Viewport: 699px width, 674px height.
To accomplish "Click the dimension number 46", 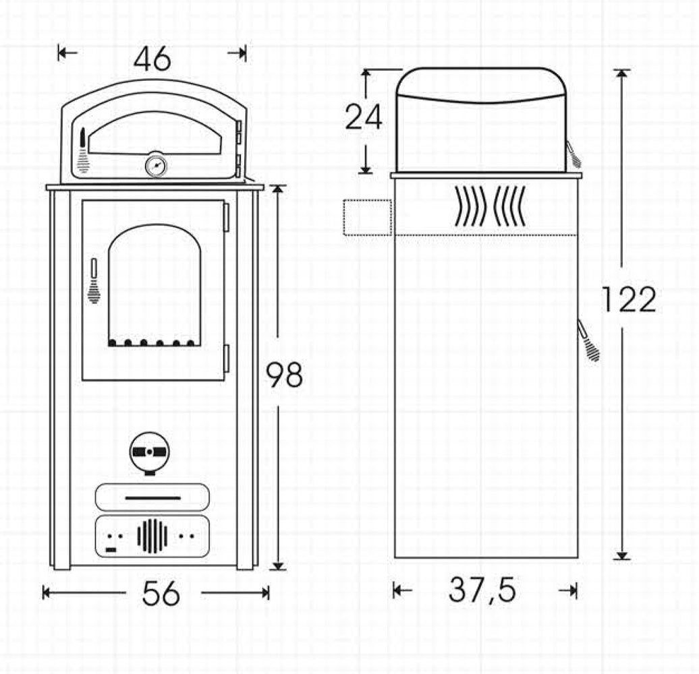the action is point(152,59).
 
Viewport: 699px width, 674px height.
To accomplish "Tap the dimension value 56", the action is point(161,593).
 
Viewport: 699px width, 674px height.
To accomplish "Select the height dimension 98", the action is point(285,374).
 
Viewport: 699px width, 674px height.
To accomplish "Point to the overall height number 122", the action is point(629,300).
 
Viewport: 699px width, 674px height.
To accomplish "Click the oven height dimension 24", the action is point(364,117).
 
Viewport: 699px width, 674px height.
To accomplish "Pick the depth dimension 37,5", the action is point(482,590).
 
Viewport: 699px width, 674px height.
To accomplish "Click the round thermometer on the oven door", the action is point(156,164).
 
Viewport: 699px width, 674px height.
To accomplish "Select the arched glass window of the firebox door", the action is point(155,285).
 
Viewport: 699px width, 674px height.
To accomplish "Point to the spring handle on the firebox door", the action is point(94,280).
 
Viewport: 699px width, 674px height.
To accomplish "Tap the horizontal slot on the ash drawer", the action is point(153,497).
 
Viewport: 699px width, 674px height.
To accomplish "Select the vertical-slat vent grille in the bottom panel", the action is point(152,536).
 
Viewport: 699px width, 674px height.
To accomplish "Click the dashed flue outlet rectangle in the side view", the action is point(367,217).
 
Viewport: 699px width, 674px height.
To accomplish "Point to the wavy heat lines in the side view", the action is point(490,205).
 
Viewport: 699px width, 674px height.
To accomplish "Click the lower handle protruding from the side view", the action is point(588,340).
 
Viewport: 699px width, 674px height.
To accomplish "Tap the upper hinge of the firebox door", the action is point(226,218).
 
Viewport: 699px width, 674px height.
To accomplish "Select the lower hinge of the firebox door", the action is point(226,359).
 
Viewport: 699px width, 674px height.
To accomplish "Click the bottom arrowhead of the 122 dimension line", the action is point(622,555).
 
